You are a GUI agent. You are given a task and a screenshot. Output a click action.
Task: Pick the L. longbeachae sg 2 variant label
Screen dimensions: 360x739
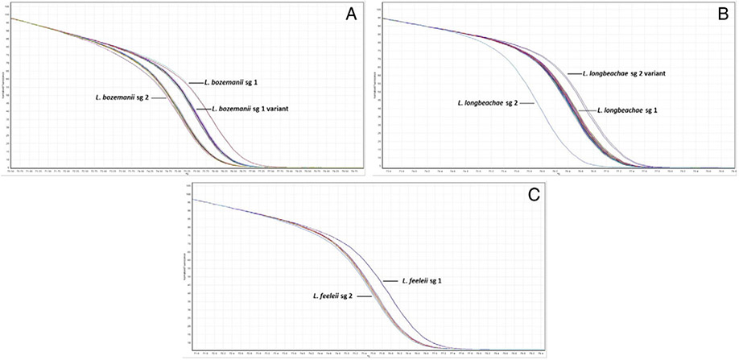(x=624, y=73)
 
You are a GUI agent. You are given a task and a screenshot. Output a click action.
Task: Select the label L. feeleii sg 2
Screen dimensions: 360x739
(x=341, y=296)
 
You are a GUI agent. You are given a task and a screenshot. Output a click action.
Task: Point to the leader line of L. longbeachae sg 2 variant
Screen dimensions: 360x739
(x=574, y=73)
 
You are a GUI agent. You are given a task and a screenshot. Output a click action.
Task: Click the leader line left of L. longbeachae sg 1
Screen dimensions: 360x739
(x=588, y=109)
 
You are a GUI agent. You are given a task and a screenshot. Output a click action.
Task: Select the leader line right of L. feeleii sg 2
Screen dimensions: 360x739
(x=374, y=296)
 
